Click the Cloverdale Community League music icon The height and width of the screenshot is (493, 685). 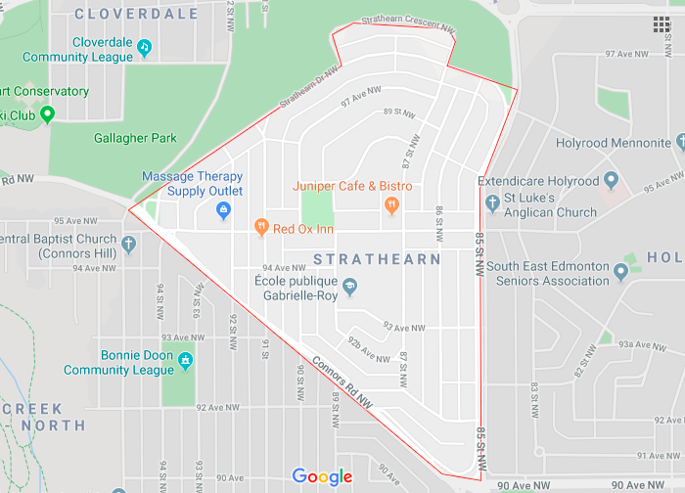pyautogui.click(x=144, y=46)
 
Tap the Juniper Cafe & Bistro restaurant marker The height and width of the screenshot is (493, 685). pyautogui.click(x=391, y=205)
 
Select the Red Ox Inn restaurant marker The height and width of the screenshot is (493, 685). pyautogui.click(x=261, y=228)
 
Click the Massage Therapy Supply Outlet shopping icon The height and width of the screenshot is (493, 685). pyautogui.click(x=223, y=208)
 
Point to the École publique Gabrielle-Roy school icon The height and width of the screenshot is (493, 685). pyautogui.click(x=349, y=287)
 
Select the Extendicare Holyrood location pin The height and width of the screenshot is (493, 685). pyautogui.click(x=612, y=181)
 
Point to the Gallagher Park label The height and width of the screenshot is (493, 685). pyautogui.click(x=135, y=138)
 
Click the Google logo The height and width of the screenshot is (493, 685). pyautogui.click(x=322, y=477)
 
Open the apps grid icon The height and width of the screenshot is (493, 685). pyautogui.click(x=662, y=24)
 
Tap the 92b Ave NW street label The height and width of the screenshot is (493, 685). pyautogui.click(x=369, y=349)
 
